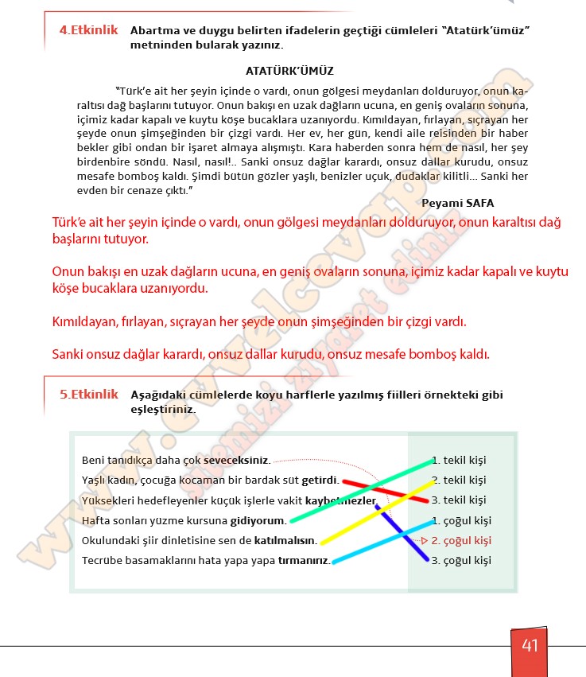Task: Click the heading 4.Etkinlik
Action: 88,30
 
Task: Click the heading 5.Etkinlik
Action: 88,394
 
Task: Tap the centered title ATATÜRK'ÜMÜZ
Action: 289,70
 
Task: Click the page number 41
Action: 530,645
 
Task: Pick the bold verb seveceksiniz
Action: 236,461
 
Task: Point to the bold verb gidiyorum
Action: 258,520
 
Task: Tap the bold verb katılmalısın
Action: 285,540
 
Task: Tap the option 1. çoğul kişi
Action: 461,520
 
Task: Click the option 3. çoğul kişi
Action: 461,560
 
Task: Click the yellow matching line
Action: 374,512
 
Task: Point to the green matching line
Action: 358,490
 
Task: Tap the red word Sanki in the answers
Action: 69,354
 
